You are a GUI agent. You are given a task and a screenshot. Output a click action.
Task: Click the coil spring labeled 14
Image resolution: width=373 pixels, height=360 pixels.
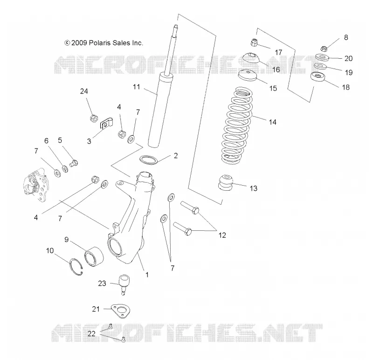coord(237,125)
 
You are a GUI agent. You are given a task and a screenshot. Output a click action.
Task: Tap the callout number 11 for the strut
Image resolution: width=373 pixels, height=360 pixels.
coord(136,87)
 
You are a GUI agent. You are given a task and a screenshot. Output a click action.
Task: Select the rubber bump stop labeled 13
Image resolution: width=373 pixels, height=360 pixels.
coord(225,182)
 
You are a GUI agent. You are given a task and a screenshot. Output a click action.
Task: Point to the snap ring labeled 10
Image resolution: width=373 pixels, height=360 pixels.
coord(76,267)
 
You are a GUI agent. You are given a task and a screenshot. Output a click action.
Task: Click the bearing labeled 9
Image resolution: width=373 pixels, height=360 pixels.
coord(94,256)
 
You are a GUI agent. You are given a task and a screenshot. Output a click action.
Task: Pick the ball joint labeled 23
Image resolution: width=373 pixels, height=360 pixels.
coord(124,284)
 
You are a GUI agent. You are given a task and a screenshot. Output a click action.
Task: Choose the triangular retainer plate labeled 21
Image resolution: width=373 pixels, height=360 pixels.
coord(121,311)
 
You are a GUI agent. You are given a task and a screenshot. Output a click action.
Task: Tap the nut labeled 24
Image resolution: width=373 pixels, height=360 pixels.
coord(94,118)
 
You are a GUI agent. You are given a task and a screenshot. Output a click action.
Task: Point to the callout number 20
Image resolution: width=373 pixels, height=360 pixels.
coord(348,59)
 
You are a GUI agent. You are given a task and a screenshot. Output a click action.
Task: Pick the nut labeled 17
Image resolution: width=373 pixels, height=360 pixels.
coord(254,42)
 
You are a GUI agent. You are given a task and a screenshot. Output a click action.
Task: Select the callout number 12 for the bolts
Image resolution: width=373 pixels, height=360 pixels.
coord(222,235)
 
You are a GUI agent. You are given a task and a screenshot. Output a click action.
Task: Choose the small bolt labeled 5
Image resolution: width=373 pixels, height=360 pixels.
coord(74,163)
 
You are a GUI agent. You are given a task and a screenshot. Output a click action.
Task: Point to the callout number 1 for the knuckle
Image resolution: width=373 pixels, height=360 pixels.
coord(147,275)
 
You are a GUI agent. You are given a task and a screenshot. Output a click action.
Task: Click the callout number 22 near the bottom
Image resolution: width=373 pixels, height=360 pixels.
coord(91,333)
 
